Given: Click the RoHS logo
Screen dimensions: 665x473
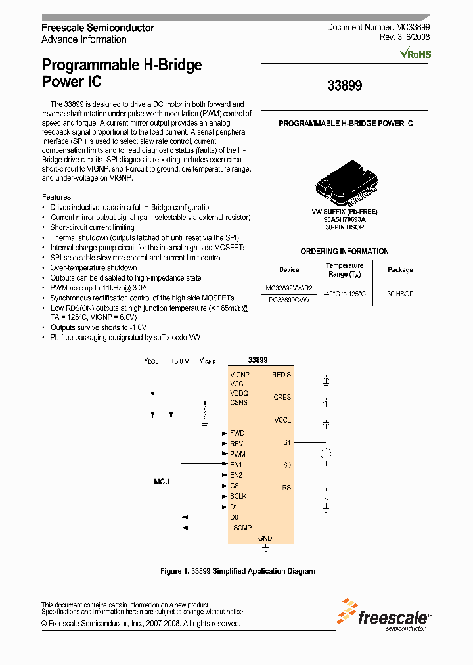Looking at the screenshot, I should (x=415, y=53).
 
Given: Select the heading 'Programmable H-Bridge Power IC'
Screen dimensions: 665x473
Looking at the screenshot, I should (x=122, y=74).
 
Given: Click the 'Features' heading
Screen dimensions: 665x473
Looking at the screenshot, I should (x=56, y=197).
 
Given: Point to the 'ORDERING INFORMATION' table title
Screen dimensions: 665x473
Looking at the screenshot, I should (x=344, y=252).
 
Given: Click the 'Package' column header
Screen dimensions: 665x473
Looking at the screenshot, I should (x=400, y=270).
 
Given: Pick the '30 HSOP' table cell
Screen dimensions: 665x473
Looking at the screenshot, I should (x=400, y=294).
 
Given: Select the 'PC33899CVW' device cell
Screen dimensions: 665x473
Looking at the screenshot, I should (x=289, y=300).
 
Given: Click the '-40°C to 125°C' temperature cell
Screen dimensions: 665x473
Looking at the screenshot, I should (x=344, y=294).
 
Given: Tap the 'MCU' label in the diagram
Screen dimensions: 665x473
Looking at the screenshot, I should (x=162, y=482).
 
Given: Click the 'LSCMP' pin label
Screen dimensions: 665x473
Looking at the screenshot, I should (x=241, y=528).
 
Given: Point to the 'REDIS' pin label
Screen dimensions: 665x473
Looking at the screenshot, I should (x=281, y=375).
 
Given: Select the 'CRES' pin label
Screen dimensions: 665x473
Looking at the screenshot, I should (x=282, y=397).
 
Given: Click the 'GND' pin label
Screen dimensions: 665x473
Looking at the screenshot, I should (x=265, y=538).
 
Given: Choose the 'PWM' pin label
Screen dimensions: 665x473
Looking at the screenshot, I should (x=238, y=454).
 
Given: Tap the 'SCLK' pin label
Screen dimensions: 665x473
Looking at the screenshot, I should (x=238, y=496).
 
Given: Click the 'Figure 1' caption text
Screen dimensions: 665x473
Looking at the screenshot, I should (x=237, y=571).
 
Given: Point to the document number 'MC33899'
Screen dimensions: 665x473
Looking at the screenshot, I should (x=413, y=28).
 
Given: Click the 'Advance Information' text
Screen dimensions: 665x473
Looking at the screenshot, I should (x=84, y=39).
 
